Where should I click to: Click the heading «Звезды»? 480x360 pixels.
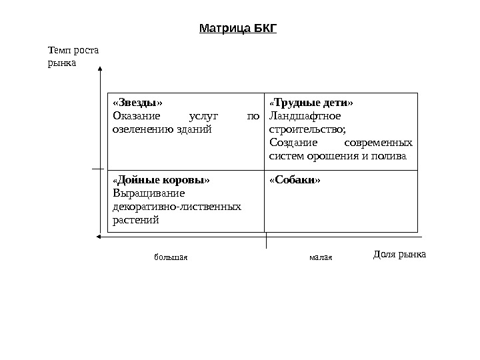pyautogui.click(x=137, y=103)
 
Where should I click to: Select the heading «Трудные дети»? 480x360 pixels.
pyautogui.click(x=311, y=103)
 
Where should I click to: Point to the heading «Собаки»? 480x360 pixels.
pyautogui.click(x=294, y=180)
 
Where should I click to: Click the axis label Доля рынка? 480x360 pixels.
pyautogui.click(x=399, y=255)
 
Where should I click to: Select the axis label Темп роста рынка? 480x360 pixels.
pyautogui.click(x=73, y=56)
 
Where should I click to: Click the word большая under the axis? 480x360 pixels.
pyautogui.click(x=171, y=257)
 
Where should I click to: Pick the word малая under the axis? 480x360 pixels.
pyautogui.click(x=320, y=257)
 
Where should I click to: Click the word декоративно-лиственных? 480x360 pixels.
pyautogui.click(x=177, y=206)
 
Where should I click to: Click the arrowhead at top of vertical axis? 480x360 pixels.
pyautogui.click(x=99, y=68)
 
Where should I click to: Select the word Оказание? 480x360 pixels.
pyautogui.click(x=137, y=116)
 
